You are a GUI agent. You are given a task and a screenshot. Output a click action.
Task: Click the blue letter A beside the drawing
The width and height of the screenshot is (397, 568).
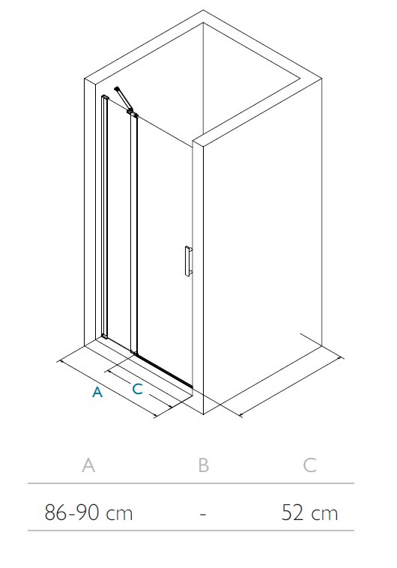[x=97, y=392]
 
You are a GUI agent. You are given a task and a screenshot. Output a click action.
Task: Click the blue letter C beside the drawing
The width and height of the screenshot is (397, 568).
[x=138, y=389]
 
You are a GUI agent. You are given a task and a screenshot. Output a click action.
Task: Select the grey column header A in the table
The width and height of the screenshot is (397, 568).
[x=88, y=465]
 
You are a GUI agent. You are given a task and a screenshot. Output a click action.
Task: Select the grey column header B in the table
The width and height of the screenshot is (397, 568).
[x=204, y=465]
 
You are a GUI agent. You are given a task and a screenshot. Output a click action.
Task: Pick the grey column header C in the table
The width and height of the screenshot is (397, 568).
[x=309, y=465]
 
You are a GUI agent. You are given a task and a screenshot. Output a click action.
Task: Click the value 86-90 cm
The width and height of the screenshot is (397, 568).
[x=88, y=513]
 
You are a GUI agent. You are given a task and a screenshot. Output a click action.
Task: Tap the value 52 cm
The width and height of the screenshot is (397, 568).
[x=309, y=513]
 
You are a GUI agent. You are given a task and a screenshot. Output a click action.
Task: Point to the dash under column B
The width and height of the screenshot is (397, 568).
[x=203, y=514]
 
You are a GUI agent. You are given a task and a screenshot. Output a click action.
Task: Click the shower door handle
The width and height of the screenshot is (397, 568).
[x=188, y=262]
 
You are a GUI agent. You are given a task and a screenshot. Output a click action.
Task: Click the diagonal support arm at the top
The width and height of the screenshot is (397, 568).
[x=123, y=98]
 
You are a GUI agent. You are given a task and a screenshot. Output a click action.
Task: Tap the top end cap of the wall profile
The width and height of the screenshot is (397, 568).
[x=105, y=97]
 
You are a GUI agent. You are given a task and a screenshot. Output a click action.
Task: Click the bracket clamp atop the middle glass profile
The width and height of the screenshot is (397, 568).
[x=133, y=114]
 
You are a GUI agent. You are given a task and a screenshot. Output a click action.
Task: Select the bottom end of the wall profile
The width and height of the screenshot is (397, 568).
[x=104, y=336]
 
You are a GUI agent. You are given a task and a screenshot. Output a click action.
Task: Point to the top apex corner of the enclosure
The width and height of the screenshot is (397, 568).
[x=203, y=10]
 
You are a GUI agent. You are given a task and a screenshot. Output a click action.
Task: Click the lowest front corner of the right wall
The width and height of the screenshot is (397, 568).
[x=204, y=414]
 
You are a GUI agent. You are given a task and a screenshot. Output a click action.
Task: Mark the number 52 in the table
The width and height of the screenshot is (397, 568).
[x=292, y=513]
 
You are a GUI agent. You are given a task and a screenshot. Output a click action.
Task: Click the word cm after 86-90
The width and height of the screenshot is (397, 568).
[x=120, y=514]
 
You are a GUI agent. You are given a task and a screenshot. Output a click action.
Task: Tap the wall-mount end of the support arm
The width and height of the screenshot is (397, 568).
[x=116, y=88]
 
